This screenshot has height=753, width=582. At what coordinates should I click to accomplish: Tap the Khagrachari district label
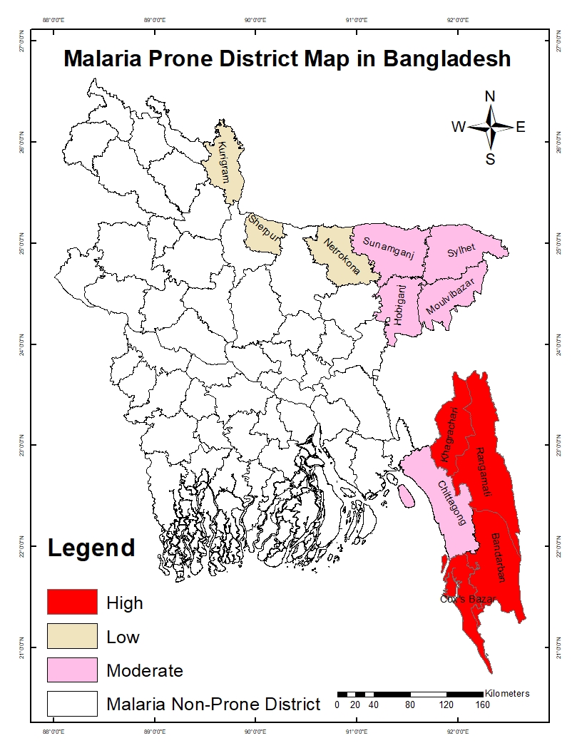pos(449,435)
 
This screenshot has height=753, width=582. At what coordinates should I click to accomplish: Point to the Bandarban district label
pos(497,557)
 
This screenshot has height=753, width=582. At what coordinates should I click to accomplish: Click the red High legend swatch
pos(72,602)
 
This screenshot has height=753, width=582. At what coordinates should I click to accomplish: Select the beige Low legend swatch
pos(72,636)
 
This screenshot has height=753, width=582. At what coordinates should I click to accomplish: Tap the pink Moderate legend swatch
pos(72,670)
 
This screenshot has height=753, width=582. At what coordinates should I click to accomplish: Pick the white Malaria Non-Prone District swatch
pos(72,704)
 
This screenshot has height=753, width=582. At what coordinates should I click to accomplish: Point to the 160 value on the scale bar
pos(482,706)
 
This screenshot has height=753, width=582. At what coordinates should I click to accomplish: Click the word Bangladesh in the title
pos(447,58)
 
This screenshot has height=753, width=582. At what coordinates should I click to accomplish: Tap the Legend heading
pos(91,548)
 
